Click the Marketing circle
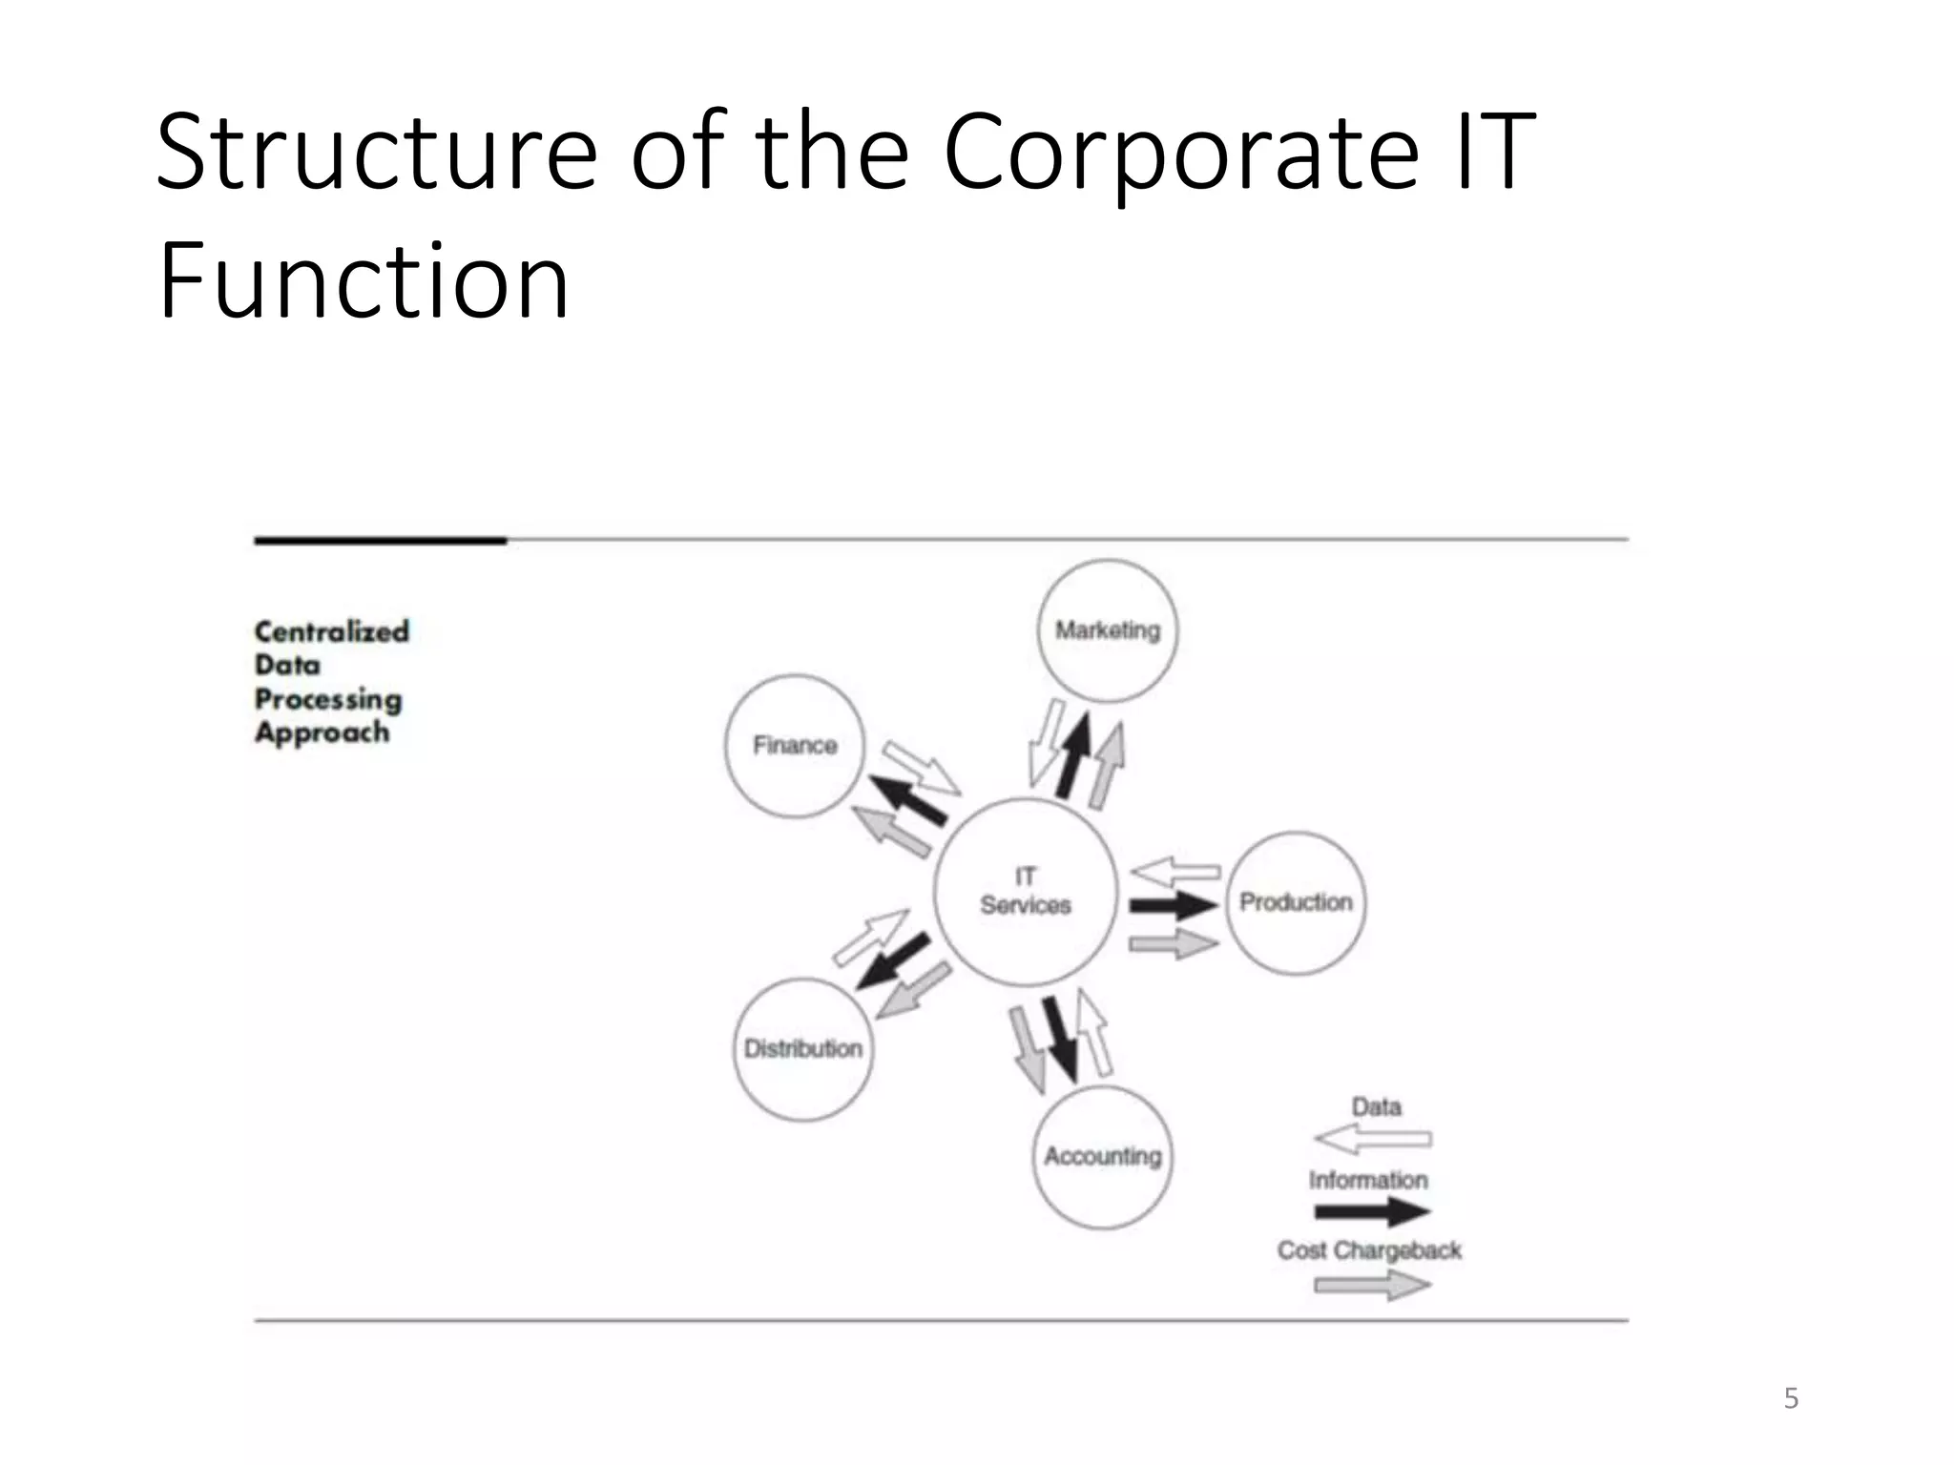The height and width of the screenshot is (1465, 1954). tap(1107, 630)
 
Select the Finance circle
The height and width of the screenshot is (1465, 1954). tap(795, 746)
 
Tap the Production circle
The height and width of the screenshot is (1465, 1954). tap(1296, 902)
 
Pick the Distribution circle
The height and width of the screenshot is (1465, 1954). tap(803, 1049)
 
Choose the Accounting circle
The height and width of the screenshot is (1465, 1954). tap(1102, 1157)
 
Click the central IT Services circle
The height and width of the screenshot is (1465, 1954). tap(1026, 892)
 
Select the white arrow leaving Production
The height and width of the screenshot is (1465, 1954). tap(1175, 871)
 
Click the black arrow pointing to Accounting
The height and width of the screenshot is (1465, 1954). tap(1060, 1039)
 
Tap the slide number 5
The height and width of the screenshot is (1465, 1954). tap(1791, 1398)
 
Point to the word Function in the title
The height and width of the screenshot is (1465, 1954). tap(364, 281)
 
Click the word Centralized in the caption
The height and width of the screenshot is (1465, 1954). tap(331, 631)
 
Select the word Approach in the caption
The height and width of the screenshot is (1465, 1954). tap(322, 732)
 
